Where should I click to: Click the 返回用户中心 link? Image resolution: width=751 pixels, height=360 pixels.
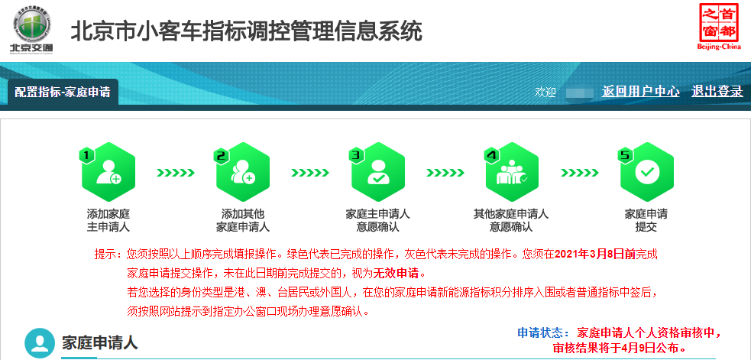640,91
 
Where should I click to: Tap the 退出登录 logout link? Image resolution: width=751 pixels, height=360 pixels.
717,91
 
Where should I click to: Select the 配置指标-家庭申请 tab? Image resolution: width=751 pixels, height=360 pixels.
63,92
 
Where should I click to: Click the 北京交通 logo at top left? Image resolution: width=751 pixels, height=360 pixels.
32,29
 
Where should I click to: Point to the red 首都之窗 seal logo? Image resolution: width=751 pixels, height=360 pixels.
719,25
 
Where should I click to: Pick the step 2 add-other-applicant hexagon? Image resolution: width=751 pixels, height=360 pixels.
243,172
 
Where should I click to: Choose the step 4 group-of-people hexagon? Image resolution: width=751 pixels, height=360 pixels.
511,172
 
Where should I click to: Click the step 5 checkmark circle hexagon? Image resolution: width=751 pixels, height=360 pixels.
646,172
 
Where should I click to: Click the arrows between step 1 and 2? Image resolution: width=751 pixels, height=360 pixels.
175,173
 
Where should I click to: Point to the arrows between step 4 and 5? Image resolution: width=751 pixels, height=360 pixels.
580,173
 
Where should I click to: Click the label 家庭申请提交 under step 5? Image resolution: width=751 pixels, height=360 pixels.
646,220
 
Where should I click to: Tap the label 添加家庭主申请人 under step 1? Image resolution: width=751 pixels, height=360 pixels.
108,220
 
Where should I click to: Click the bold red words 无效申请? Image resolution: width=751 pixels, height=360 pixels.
396,274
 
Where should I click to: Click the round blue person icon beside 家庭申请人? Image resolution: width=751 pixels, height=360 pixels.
40,342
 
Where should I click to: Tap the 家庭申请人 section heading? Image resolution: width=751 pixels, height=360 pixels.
99,342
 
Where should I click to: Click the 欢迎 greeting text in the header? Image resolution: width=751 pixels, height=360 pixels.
545,92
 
